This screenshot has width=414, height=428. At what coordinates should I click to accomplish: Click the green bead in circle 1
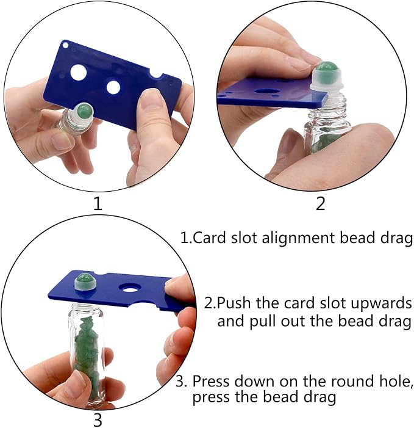(85, 111)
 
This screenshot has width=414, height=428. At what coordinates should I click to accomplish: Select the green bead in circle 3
(84, 279)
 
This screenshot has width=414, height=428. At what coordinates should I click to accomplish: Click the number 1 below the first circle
(98, 204)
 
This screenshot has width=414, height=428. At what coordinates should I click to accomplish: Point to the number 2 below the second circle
(321, 204)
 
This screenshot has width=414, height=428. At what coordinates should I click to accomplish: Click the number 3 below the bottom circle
(98, 419)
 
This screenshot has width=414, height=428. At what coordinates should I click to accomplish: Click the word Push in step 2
(235, 303)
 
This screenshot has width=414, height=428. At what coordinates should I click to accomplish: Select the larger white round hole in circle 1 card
(79, 73)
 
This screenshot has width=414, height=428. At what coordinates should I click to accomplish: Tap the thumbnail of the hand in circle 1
(150, 98)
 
